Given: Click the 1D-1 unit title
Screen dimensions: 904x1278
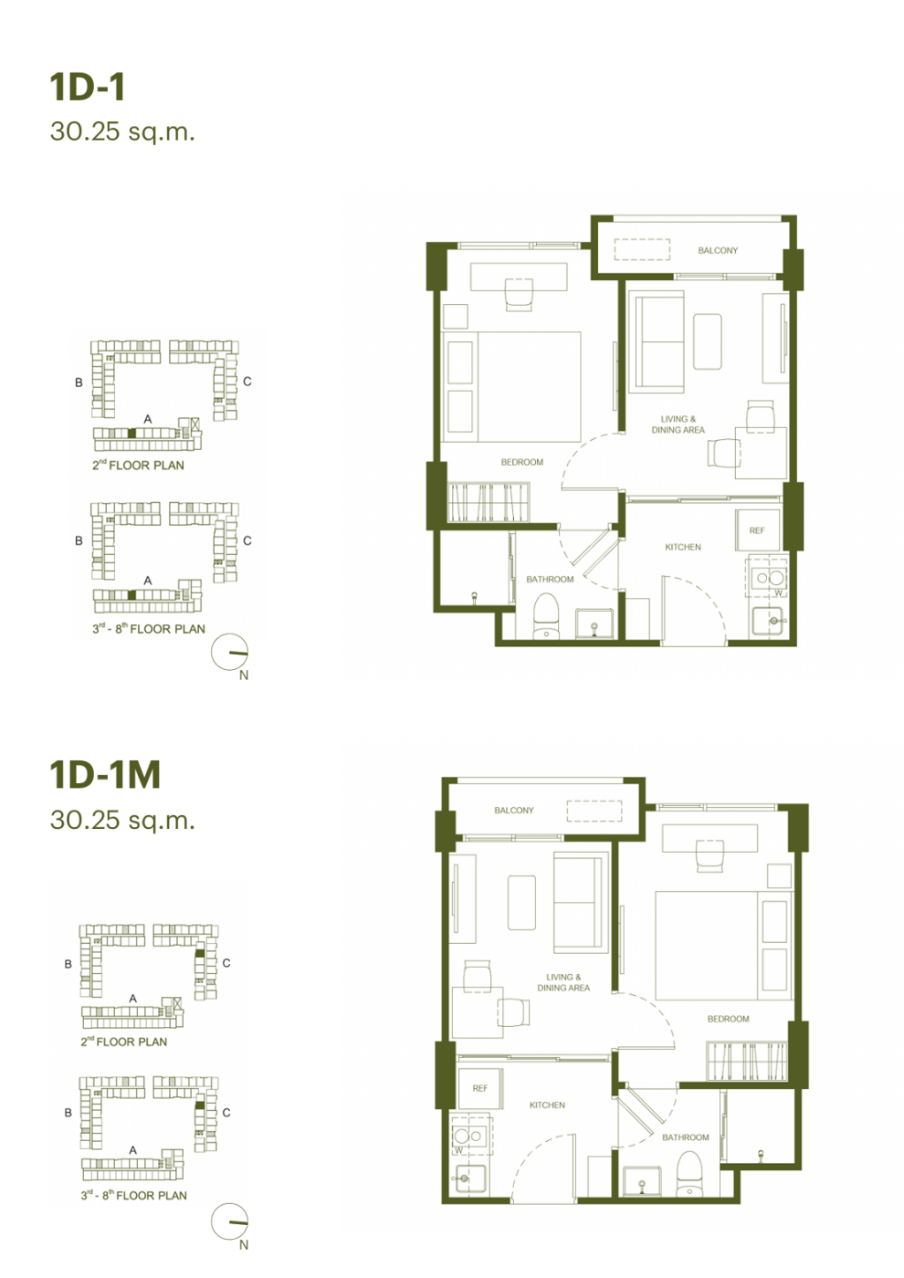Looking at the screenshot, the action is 88,88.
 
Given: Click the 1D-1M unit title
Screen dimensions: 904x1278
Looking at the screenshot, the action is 106,774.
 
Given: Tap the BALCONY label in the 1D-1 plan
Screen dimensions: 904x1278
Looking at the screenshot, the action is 718,250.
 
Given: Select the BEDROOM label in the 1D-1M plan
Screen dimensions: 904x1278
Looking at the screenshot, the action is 729,1019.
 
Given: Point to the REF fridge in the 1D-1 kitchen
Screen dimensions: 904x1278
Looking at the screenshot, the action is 757,530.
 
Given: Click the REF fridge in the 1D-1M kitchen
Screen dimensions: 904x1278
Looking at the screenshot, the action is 480,1088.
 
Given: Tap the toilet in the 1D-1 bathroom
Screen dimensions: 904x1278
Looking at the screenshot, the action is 546,616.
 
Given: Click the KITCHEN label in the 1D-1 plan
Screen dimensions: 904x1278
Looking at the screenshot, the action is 683,547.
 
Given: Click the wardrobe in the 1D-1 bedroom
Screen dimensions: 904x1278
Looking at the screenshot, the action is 488,502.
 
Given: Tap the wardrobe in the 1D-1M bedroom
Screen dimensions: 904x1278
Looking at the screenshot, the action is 747,1061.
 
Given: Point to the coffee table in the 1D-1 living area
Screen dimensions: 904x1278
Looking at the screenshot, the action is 708,341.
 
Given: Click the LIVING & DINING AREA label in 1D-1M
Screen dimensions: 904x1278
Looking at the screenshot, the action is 563,982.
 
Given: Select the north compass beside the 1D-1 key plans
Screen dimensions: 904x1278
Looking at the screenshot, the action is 230,652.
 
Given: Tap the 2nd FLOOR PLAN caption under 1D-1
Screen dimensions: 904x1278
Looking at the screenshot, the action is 138,465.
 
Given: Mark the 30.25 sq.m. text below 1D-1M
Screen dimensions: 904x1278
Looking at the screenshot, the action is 122,820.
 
